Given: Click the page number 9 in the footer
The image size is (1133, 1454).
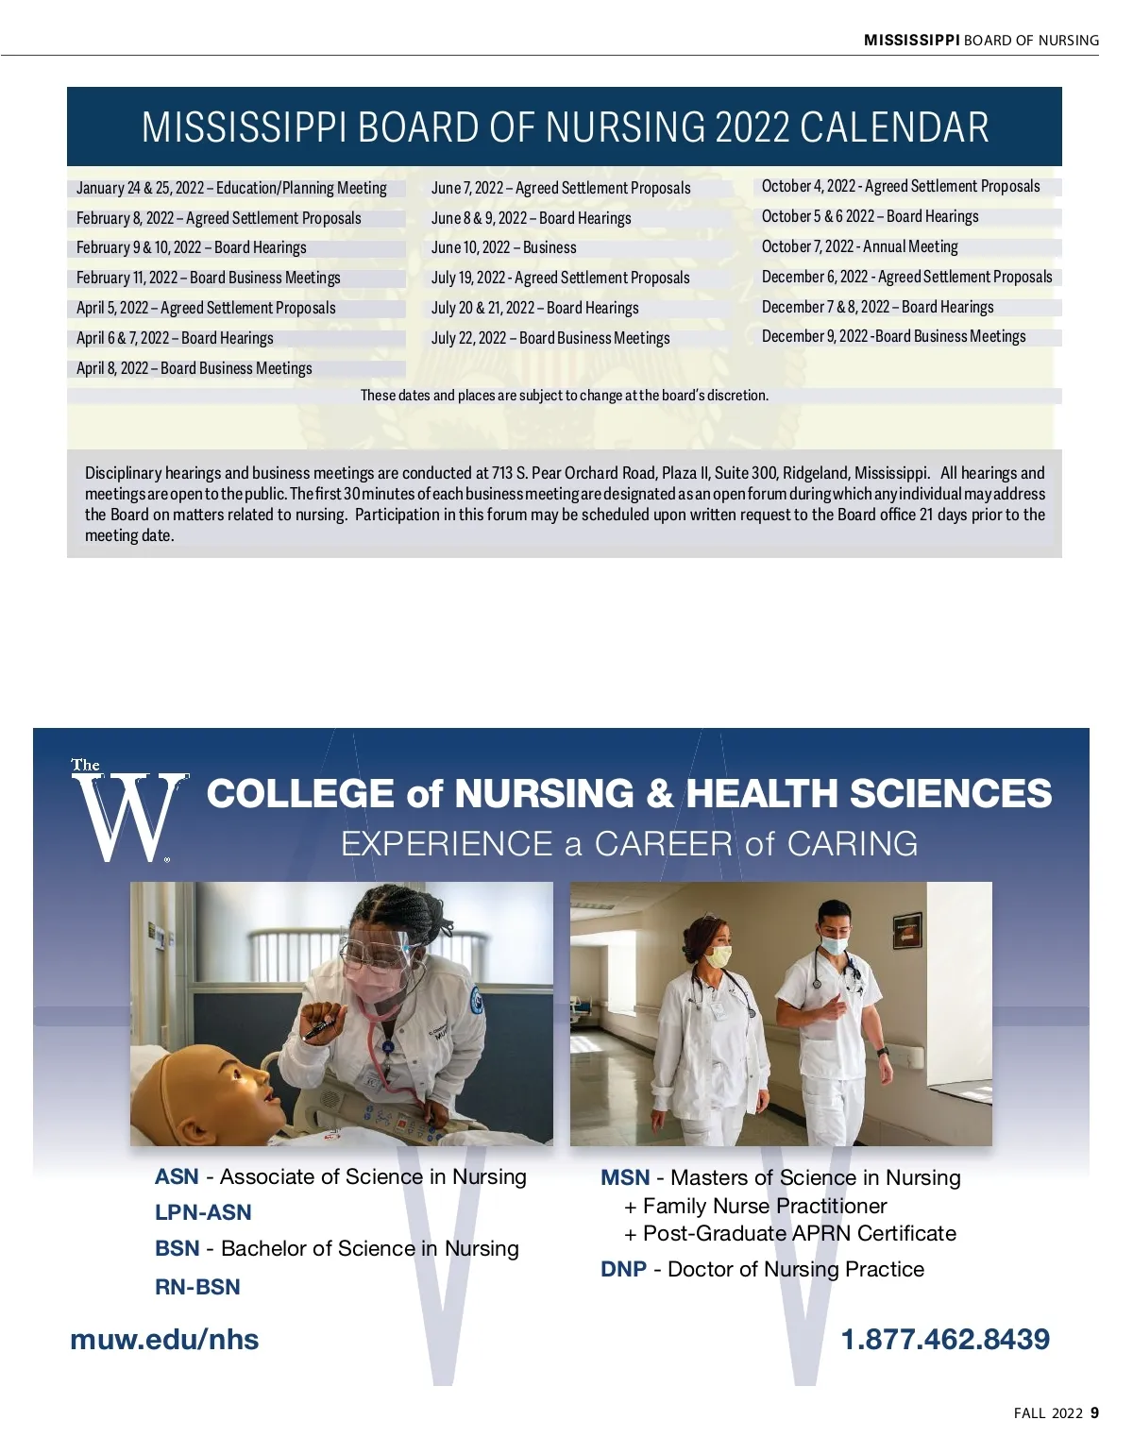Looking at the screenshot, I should (x=1094, y=1412).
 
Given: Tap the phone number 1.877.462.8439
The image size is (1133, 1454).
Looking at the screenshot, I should (x=944, y=1339).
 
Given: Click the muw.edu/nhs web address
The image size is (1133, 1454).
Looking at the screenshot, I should (x=164, y=1339).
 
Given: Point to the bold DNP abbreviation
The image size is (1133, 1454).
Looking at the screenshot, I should (x=623, y=1269).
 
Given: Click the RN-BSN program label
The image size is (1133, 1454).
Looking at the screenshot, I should (x=197, y=1287).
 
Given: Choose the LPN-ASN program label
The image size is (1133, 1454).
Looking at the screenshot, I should (x=203, y=1212).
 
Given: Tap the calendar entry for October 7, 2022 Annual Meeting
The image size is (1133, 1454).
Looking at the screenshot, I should (x=859, y=246).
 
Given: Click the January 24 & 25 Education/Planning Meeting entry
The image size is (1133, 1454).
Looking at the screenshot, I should (x=231, y=188).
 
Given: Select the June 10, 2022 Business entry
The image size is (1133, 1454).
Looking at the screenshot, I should (x=503, y=247).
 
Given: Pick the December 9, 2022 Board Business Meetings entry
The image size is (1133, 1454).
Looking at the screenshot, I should (x=893, y=336).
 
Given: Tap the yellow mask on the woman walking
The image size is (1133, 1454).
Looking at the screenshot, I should (x=719, y=957).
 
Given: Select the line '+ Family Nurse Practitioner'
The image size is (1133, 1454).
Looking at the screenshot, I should (x=755, y=1206).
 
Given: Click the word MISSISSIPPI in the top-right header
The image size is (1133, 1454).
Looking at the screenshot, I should (x=911, y=40).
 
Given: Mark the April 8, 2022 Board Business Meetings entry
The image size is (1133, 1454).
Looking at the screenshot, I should (x=194, y=368).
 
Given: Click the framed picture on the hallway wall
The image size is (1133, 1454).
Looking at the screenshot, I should (x=907, y=928).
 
